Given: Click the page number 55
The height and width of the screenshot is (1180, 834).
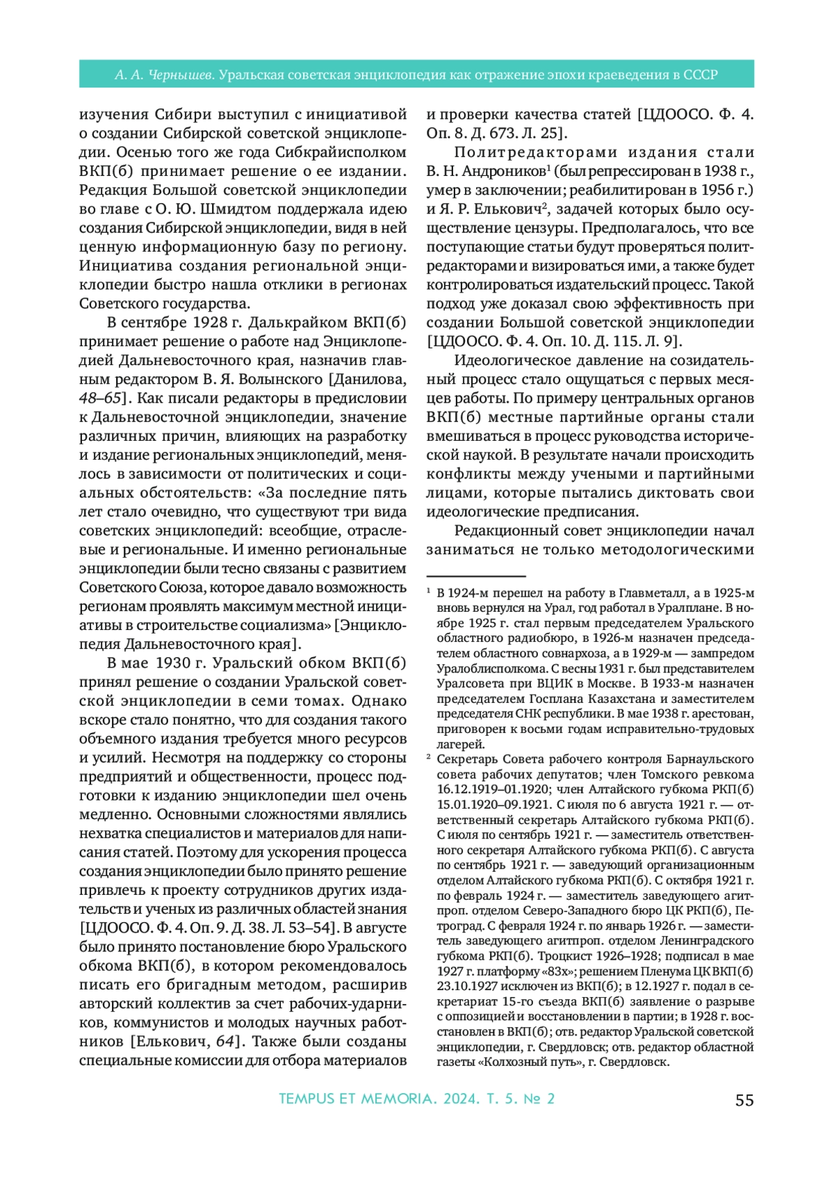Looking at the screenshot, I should [744, 1099].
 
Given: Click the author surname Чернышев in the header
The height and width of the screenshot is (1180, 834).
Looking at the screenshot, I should [181, 74].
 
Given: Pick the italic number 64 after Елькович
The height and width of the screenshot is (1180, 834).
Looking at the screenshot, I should [225, 1042].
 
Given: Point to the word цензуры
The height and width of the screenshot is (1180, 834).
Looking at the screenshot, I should [545, 228].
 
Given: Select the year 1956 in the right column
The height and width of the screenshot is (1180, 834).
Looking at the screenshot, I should [717, 190].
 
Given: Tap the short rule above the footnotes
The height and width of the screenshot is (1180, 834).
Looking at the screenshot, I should [475, 576].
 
